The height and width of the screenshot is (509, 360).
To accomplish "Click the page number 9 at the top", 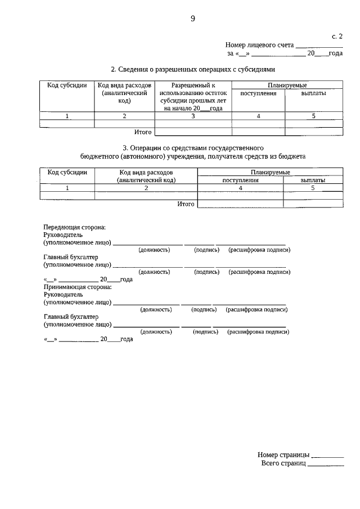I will tap(192, 19).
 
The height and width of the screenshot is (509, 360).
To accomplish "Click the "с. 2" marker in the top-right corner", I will tap(337, 36).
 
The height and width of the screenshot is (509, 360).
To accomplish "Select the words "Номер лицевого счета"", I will tap(259, 45).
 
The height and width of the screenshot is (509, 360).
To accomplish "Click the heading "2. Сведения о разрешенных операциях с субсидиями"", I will tap(193, 70).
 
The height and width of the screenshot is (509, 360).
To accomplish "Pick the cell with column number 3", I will tap(193, 116).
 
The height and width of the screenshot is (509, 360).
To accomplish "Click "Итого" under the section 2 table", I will tap(143, 132).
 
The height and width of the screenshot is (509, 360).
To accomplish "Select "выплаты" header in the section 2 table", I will tap(313, 93).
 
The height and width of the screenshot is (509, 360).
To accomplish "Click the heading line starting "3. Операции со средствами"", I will tap(193, 147).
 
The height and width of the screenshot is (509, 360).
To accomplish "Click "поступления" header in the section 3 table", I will tap(240, 181).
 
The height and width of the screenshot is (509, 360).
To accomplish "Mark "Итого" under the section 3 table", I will tap(186, 204).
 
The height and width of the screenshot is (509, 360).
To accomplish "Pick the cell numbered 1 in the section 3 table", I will tap(67, 188).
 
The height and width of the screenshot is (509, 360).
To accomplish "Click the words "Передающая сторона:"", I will tap(74, 227).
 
